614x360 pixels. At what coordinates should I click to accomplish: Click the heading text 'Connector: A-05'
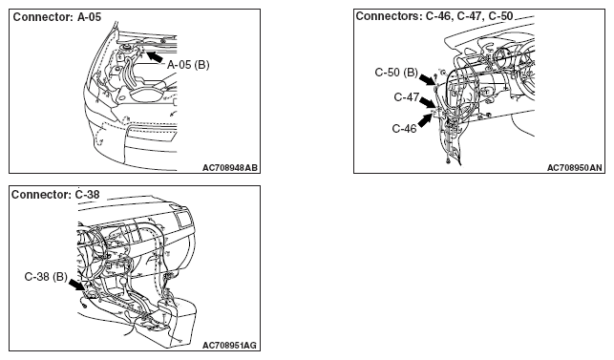click(57, 17)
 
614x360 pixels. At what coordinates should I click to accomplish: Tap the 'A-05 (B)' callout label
click(188, 65)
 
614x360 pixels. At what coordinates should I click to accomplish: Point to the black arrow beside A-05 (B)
click(155, 56)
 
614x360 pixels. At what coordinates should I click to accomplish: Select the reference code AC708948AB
click(230, 168)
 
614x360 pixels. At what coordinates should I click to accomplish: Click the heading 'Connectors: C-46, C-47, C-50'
click(434, 16)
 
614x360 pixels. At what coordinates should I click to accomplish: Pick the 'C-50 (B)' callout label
click(396, 73)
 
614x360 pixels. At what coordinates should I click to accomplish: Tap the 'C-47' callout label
click(407, 97)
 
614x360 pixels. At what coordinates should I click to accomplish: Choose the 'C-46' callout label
click(404, 129)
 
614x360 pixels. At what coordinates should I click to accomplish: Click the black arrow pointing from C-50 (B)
click(427, 79)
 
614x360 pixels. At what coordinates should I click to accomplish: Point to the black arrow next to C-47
click(427, 102)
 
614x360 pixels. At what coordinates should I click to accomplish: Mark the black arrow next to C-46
click(425, 120)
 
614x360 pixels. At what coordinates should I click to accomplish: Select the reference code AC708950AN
click(575, 168)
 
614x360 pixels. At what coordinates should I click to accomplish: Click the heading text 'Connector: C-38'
click(55, 194)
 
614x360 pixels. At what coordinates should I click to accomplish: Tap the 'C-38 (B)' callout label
click(46, 277)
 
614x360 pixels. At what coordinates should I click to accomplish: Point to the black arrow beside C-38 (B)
click(76, 285)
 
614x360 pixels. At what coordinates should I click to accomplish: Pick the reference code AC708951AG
click(229, 346)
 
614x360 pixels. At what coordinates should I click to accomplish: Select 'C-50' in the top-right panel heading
click(500, 16)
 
